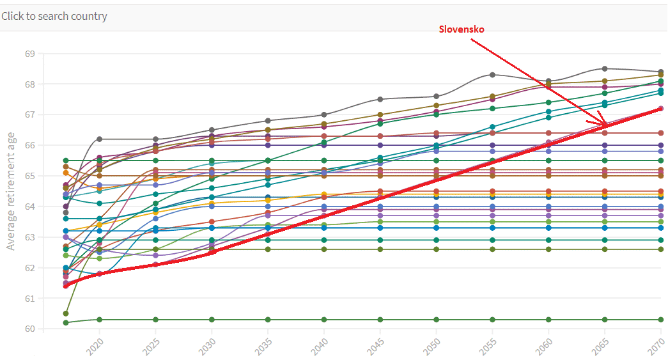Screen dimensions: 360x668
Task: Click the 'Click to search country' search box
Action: click(54, 17)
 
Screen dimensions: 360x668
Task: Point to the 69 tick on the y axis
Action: click(29, 54)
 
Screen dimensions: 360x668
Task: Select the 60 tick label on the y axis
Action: click(29, 329)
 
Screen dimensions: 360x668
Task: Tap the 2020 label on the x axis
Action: click(95, 347)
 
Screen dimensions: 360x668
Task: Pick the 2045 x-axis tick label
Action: click(375, 347)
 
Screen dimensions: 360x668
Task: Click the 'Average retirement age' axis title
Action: click(11, 191)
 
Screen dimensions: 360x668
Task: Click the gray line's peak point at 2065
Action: click(604, 68)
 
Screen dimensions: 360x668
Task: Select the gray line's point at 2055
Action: click(492, 75)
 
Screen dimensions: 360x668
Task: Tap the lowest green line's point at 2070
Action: click(660, 320)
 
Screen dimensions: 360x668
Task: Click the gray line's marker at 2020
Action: click(100, 139)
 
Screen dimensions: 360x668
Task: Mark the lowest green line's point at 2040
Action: click(324, 320)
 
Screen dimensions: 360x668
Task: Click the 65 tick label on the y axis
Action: click(29, 176)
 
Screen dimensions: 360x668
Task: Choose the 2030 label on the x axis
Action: click(207, 347)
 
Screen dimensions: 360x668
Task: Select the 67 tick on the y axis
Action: click(29, 115)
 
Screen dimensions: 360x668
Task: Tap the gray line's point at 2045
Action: click(380, 99)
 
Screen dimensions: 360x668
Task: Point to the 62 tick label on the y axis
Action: click(29, 268)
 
